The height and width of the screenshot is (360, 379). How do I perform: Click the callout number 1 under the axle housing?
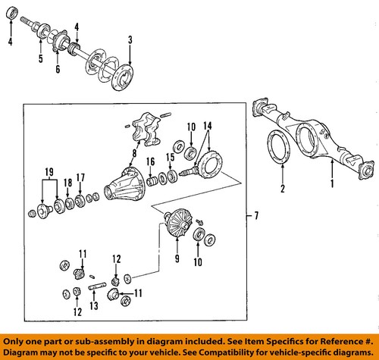pyautogui.click(x=332, y=183)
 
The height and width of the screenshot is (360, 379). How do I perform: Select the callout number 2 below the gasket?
pyautogui.click(x=283, y=189)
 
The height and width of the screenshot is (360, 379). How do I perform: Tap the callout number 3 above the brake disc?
pyautogui.click(x=130, y=40)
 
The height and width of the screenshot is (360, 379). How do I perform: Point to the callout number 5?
pyautogui.click(x=41, y=58)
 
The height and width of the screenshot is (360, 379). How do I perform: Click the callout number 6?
pyautogui.click(x=58, y=69)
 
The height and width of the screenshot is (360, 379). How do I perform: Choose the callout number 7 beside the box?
pyautogui.click(x=256, y=216)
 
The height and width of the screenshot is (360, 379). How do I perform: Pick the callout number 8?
pyautogui.click(x=134, y=153)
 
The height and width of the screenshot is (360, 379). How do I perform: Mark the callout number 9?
pyautogui.click(x=177, y=258)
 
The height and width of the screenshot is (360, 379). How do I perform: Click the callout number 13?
pyautogui.click(x=94, y=306)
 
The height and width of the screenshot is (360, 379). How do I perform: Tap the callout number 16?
pyautogui.click(x=151, y=162)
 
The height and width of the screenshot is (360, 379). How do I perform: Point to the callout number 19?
pyautogui.click(x=49, y=172)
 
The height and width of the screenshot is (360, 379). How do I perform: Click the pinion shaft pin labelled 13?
pyautogui.click(x=96, y=286)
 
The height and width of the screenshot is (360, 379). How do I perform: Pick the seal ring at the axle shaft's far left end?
pyautogui.click(x=12, y=13)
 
